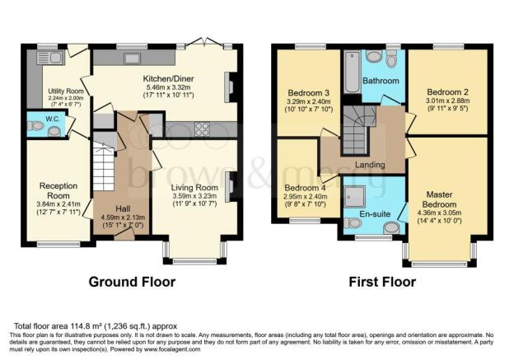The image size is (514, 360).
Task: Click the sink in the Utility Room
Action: point(46,58)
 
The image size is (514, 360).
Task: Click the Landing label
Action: point(370,165)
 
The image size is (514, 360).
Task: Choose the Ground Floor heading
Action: point(132,282)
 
